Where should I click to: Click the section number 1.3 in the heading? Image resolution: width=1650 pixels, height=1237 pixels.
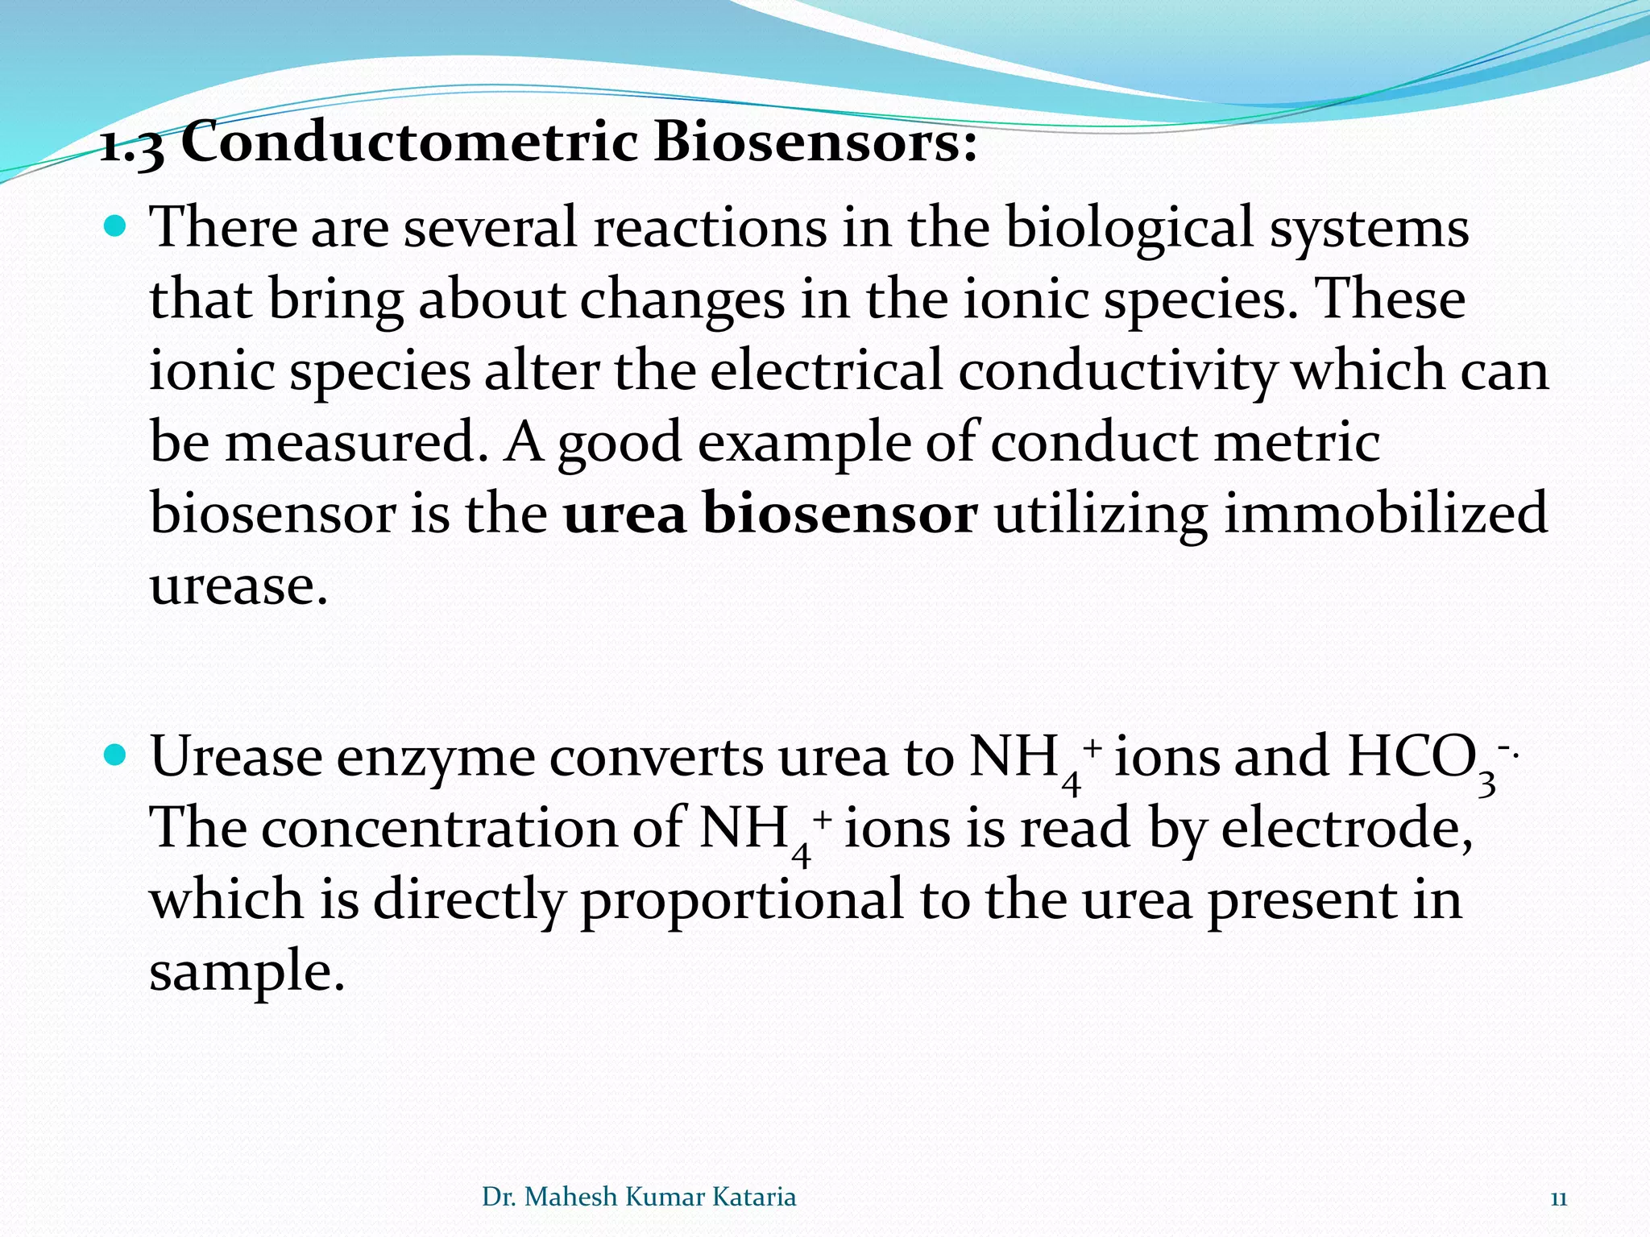(x=131, y=147)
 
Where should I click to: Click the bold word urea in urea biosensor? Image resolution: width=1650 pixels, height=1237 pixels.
(x=624, y=514)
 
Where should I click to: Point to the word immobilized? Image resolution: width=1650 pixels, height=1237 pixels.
(x=1385, y=514)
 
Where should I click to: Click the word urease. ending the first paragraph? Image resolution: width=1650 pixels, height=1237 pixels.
(x=239, y=585)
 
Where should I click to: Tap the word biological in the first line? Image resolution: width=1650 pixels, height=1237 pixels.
(x=1129, y=228)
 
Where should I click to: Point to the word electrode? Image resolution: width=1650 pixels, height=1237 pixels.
(x=1347, y=829)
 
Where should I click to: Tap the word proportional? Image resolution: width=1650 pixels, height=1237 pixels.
(x=741, y=901)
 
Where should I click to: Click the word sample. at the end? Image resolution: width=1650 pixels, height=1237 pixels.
(x=247, y=972)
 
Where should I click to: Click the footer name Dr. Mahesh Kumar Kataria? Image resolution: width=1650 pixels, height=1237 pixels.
(x=639, y=1197)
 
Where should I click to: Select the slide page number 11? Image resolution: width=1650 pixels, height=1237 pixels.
(x=1558, y=1198)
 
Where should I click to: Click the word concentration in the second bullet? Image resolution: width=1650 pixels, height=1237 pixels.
(x=439, y=829)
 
